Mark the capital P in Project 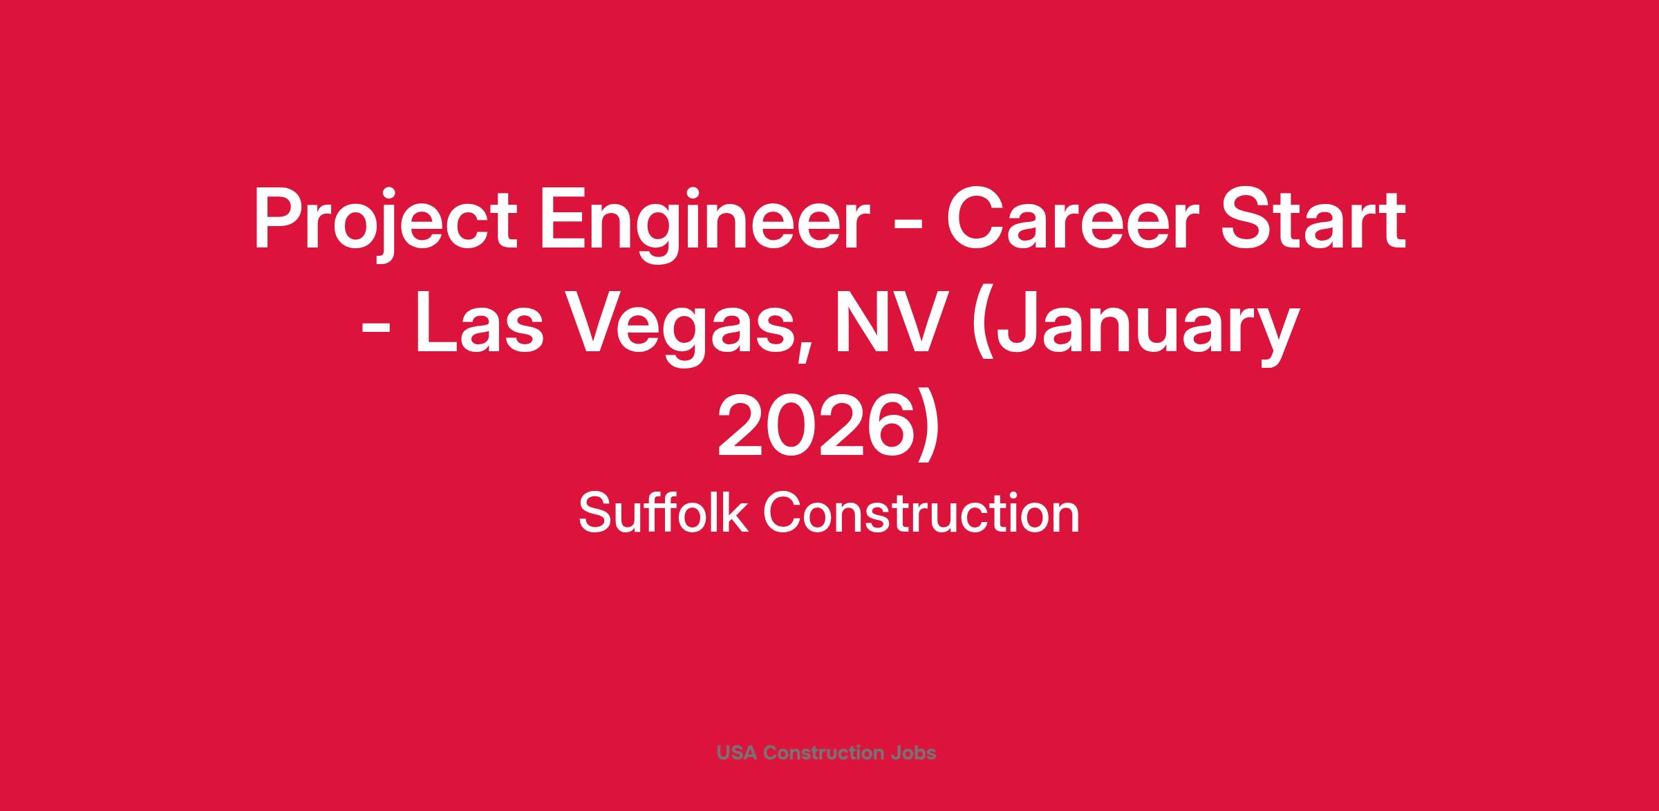coord(280,220)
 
